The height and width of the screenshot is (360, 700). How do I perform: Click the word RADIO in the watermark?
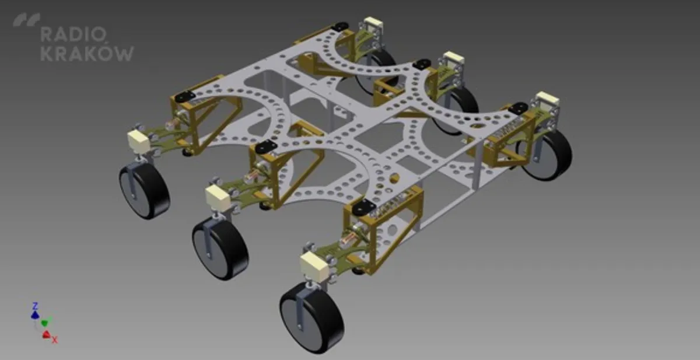73,34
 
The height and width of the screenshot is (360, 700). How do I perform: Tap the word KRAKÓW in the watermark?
87,54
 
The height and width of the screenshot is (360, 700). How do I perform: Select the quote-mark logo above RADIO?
27,19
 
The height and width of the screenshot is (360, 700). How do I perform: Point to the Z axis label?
36,306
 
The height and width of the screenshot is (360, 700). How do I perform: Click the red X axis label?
55,340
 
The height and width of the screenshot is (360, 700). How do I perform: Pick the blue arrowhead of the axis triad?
34,315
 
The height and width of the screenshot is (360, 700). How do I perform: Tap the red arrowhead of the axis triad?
46,334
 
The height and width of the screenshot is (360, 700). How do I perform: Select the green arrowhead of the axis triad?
45,323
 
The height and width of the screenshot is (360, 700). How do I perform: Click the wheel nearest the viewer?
312,318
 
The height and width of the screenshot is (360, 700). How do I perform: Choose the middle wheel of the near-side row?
220,249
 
